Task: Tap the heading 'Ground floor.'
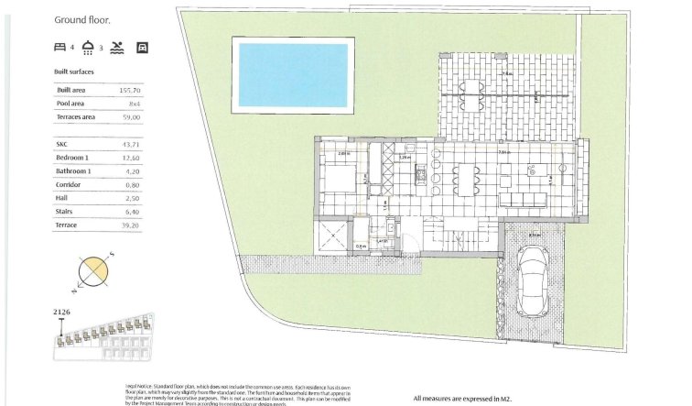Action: point(83,18)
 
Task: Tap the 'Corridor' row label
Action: point(70,184)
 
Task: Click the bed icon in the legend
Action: point(60,46)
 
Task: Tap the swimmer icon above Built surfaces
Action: point(116,46)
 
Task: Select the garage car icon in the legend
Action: point(142,46)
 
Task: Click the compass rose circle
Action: point(94,272)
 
